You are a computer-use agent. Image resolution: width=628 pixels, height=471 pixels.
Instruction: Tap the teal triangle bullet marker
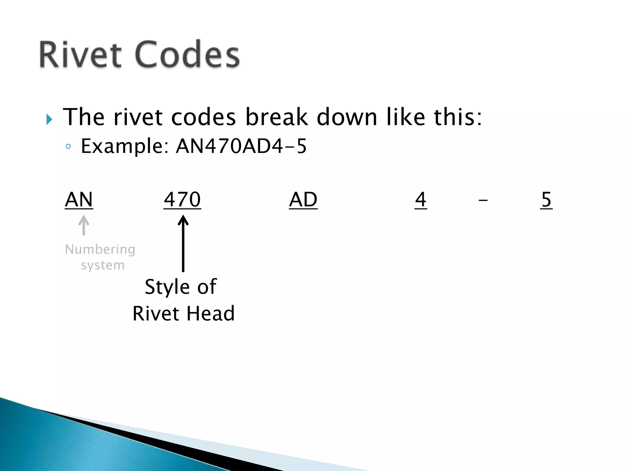click(49, 119)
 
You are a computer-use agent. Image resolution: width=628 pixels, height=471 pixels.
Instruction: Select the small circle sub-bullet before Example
click(68, 147)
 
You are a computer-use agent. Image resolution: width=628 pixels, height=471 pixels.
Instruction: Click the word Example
click(124, 146)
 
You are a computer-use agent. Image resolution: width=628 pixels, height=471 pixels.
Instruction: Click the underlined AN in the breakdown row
click(79, 200)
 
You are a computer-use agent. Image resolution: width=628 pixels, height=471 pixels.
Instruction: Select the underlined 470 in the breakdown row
click(182, 200)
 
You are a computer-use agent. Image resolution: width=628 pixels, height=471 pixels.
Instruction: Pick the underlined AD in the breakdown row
click(303, 200)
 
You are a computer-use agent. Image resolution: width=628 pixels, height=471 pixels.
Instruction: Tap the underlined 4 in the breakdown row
click(421, 200)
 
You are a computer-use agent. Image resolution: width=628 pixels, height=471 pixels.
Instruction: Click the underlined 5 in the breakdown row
click(546, 200)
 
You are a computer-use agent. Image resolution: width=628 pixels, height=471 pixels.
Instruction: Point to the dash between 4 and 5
click(483, 201)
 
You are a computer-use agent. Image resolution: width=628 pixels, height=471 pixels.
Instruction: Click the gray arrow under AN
click(84, 225)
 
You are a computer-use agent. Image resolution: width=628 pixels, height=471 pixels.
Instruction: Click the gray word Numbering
click(100, 250)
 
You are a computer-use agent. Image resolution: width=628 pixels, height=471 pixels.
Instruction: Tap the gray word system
click(103, 265)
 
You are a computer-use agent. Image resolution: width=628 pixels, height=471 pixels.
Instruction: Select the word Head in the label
click(210, 314)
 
